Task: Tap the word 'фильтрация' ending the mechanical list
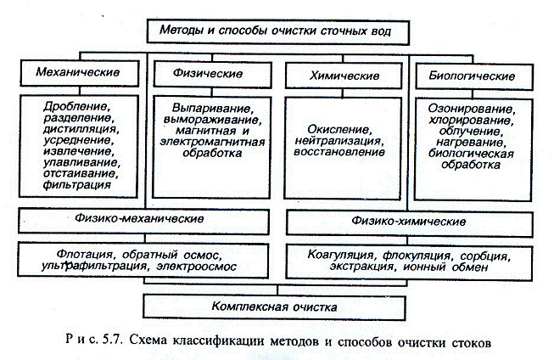81,183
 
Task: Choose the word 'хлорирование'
474,121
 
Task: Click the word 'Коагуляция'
337,255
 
